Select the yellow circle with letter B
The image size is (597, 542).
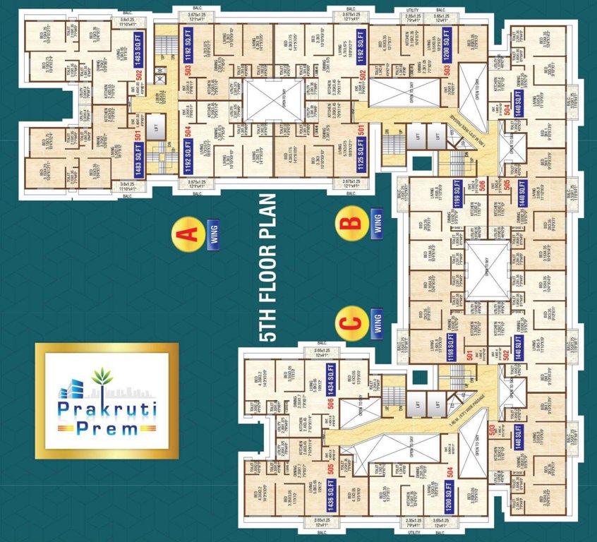(352, 221)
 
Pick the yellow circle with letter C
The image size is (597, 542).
(352, 323)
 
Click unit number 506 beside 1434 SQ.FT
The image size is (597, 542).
(329, 406)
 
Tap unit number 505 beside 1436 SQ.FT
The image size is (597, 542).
(329, 469)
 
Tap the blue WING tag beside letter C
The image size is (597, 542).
(376, 323)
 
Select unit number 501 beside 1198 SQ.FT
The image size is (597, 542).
(469, 351)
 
